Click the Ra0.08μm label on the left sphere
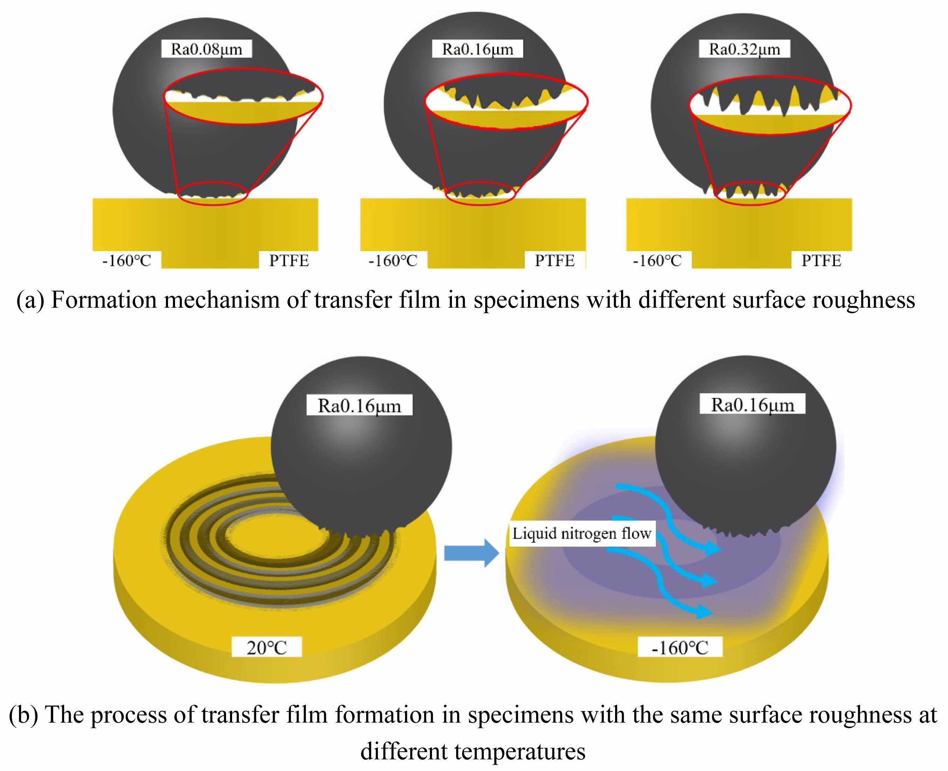click(x=206, y=49)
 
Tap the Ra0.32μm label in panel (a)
click(x=744, y=49)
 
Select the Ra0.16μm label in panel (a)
click(x=478, y=49)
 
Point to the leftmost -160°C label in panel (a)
click(x=127, y=260)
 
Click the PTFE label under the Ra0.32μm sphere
click(x=821, y=260)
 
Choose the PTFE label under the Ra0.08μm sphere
click(x=289, y=260)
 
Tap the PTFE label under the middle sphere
click(x=555, y=260)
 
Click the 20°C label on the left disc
click(x=266, y=647)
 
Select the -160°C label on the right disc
click(x=680, y=647)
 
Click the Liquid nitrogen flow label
click(x=582, y=533)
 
